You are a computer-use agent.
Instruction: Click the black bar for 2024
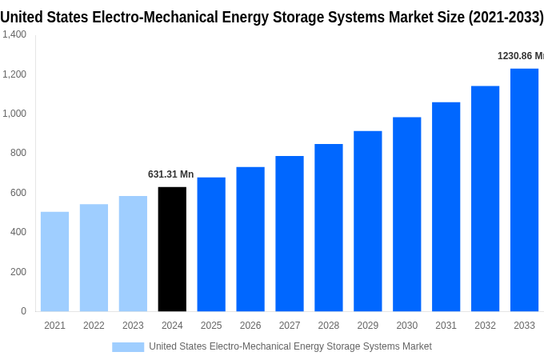(x=172, y=249)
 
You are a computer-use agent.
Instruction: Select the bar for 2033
(x=524, y=190)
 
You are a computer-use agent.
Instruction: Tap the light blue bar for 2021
(x=54, y=262)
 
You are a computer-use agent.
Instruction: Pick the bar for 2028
(x=328, y=227)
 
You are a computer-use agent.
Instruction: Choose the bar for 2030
(x=406, y=214)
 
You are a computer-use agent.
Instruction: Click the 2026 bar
(x=250, y=239)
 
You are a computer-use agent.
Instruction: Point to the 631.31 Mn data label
(x=170, y=174)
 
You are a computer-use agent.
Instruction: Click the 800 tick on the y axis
(x=18, y=153)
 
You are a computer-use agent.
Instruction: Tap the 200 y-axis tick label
(x=18, y=272)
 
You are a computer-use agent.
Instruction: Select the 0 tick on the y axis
(x=23, y=311)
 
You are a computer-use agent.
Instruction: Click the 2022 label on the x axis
(x=94, y=326)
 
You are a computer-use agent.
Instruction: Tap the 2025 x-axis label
(x=211, y=326)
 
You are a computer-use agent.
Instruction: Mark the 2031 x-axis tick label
(x=446, y=326)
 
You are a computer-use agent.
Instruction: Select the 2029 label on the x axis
(x=367, y=326)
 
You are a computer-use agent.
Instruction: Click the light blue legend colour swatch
(x=128, y=346)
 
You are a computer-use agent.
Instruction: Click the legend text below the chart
(x=290, y=346)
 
